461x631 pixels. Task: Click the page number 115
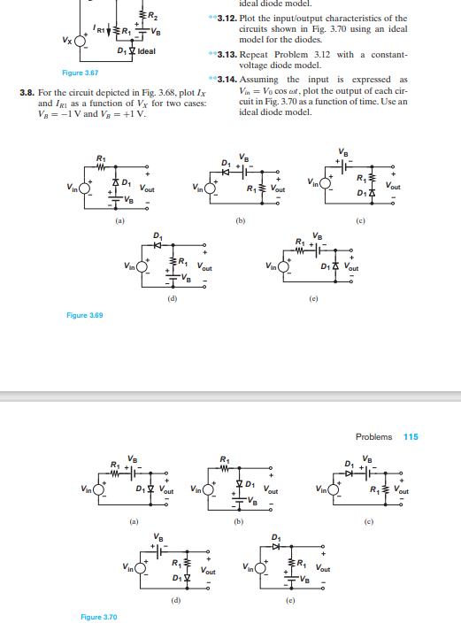point(411,436)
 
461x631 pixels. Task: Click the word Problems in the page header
point(373,436)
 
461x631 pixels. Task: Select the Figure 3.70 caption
point(97,616)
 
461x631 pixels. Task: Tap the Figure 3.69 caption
point(85,315)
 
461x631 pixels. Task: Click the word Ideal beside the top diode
point(146,50)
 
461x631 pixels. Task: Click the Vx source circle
point(82,41)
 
